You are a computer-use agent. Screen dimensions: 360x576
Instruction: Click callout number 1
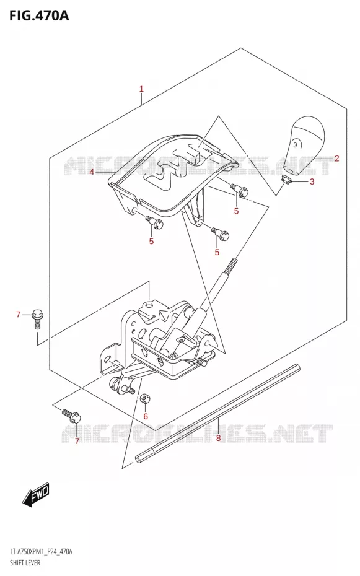pyautogui.click(x=141, y=89)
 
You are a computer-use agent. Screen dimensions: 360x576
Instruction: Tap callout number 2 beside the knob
pyautogui.click(x=336, y=159)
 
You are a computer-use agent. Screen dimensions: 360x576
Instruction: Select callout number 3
pyautogui.click(x=312, y=181)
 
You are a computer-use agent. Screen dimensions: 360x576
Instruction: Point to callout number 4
pyautogui.click(x=92, y=172)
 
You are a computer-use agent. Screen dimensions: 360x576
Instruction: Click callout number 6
pyautogui.click(x=146, y=416)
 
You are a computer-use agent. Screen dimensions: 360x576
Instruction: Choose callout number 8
pyautogui.click(x=218, y=438)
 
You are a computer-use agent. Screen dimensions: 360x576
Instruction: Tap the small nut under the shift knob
pyautogui.click(x=286, y=179)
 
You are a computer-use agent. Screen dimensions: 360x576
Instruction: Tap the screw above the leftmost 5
pyautogui.click(x=154, y=222)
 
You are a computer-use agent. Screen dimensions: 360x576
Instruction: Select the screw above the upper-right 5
pyautogui.click(x=239, y=189)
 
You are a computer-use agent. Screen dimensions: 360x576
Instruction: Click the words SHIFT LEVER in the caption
pyautogui.click(x=25, y=562)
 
